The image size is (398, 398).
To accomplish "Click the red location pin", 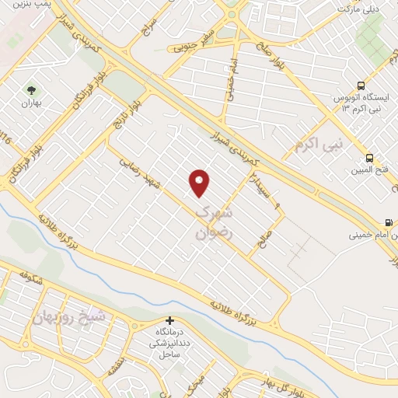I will click(200, 183).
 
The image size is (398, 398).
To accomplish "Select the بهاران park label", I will click(31, 103).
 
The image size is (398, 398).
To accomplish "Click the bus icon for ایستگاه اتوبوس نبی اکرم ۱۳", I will click(360, 86).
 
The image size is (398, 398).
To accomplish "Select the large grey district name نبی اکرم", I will click(319, 143).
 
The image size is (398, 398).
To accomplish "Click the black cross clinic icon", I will click(169, 320).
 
